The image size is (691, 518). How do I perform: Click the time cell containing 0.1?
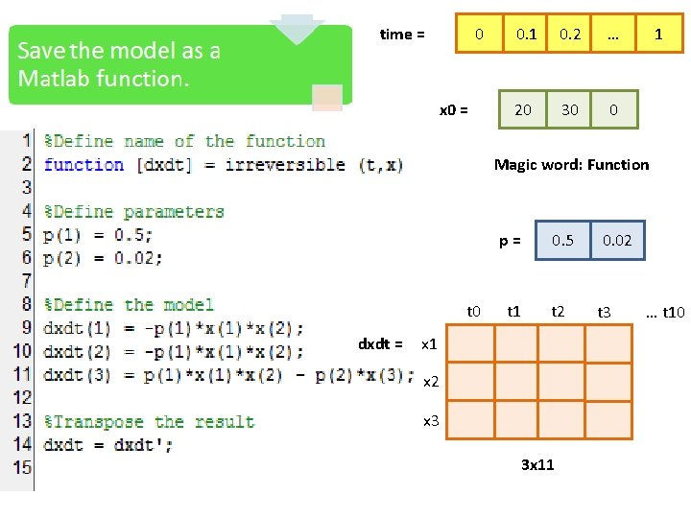click(526, 35)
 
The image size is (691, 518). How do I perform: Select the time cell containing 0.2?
click(570, 35)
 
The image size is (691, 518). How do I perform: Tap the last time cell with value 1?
click(658, 35)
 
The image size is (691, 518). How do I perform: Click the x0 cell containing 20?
click(523, 109)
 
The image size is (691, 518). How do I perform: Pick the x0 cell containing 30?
click(570, 109)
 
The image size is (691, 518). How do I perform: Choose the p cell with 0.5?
click(563, 241)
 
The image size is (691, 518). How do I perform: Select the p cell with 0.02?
click(617, 241)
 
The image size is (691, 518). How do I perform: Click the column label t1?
click(514, 311)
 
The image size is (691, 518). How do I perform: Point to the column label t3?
click(605, 312)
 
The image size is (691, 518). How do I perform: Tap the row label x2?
click(431, 382)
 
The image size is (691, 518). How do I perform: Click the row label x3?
click(431, 420)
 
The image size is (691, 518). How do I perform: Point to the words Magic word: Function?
click(571, 165)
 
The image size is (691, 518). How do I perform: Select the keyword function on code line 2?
click(83, 164)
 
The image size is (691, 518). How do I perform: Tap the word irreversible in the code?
click(284, 164)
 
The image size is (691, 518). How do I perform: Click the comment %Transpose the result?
click(150, 422)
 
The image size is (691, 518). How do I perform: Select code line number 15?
click(21, 468)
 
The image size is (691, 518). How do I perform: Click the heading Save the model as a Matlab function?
click(119, 64)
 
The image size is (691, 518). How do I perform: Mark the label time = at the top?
click(402, 35)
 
